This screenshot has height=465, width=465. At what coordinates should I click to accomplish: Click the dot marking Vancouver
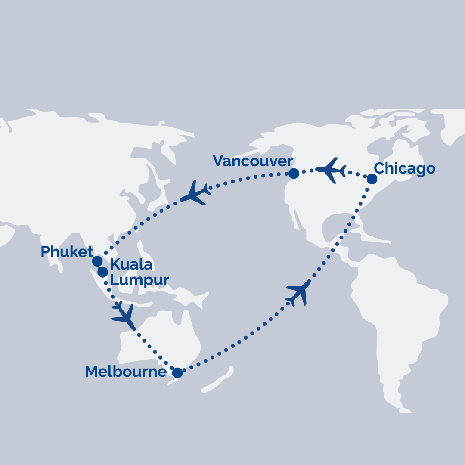click(294, 174)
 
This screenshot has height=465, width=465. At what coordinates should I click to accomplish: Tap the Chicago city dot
click(372, 179)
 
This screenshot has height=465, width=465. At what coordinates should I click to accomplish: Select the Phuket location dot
click(97, 261)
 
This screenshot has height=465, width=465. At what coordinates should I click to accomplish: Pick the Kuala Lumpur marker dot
click(102, 272)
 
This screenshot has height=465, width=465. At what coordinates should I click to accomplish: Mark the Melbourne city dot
click(177, 373)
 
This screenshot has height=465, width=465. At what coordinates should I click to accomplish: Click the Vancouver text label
click(253, 161)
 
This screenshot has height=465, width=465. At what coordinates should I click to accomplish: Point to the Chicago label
click(404, 168)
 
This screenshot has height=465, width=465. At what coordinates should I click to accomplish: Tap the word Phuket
click(67, 252)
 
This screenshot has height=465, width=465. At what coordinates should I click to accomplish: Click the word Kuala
click(131, 265)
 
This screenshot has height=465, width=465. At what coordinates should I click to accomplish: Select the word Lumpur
click(139, 280)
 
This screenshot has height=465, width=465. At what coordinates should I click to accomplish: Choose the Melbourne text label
click(126, 372)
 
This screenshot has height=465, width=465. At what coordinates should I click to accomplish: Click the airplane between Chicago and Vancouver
click(331, 170)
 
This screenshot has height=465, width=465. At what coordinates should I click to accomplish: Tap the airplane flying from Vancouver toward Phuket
click(195, 192)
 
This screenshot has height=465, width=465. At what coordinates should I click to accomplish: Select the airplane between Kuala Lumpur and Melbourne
click(123, 315)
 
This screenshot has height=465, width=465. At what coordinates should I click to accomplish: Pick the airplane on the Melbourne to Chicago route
click(298, 293)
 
